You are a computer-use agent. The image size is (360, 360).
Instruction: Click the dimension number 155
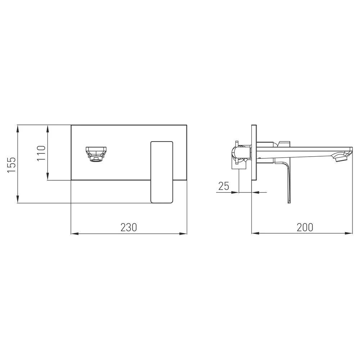click(x=12, y=165)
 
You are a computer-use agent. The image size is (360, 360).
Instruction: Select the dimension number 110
click(x=41, y=153)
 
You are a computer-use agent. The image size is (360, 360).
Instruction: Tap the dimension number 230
click(x=129, y=227)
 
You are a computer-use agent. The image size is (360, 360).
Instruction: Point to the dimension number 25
click(x=224, y=186)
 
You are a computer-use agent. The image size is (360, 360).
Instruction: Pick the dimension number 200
click(x=305, y=227)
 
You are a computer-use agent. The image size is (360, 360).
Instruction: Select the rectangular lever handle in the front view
click(x=162, y=172)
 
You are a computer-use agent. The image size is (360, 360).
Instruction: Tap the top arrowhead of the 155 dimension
click(x=17, y=129)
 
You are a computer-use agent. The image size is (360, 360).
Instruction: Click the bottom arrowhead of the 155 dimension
click(x=17, y=199)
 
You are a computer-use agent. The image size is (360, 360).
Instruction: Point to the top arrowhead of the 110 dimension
click(x=48, y=129)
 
